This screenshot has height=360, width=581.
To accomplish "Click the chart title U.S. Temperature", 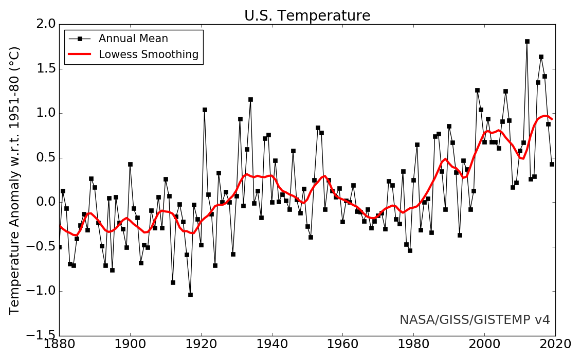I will [307, 16].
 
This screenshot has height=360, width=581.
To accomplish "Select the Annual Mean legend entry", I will [133, 39].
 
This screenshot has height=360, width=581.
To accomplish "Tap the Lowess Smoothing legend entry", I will [148, 55].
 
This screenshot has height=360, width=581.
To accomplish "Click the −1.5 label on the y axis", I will [40, 336].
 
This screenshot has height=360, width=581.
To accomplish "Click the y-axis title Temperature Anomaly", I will [15, 180].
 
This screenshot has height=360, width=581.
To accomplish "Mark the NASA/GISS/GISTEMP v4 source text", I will [475, 320].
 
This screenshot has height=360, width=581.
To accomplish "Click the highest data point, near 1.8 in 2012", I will [527, 41].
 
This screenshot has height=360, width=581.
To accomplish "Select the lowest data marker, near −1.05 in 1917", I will [190, 295].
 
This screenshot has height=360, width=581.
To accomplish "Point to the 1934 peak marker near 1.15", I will [250, 99].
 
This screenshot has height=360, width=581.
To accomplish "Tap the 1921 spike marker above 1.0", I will [205, 110].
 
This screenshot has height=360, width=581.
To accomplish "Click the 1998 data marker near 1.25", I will [477, 90].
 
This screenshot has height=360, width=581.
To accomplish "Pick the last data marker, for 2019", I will [552, 164].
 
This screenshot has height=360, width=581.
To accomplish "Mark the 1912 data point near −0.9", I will [173, 282].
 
